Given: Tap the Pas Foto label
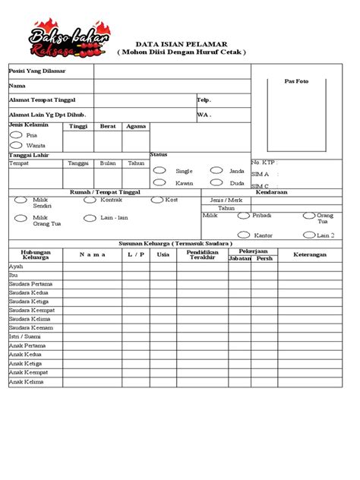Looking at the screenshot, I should coord(296,81).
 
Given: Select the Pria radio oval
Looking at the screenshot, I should coord(16,134).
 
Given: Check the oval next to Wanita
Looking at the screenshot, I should coord(16,144).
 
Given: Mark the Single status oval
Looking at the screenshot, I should coord(159,171).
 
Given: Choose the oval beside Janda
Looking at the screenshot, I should coord(214,171).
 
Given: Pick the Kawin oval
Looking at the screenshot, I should coord(159,183).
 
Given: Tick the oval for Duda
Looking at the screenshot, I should coord(214,183).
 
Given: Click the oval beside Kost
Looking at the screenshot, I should coord(157,200).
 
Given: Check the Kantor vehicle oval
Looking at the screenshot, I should coord(244,235).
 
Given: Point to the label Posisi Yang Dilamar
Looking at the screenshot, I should coord(36,71).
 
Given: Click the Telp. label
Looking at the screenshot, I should coord(204,99).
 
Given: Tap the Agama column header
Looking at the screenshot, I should coord(136,126).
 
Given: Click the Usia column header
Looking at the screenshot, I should coord(163,254).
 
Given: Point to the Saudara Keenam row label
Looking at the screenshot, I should coord(30,327).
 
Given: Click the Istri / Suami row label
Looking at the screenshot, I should coord(25,336).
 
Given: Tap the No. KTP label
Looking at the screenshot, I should coord(264,163).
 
